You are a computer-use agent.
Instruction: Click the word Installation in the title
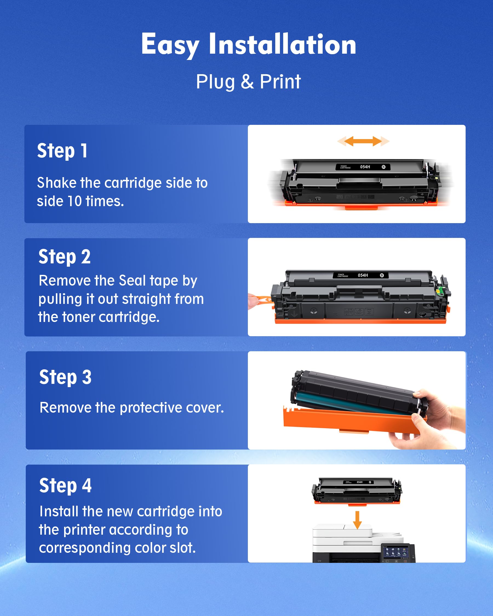click(x=282, y=44)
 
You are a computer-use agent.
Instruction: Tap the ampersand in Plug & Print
click(x=247, y=82)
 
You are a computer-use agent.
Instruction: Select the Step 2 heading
click(x=64, y=256)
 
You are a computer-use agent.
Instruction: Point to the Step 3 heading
click(x=65, y=377)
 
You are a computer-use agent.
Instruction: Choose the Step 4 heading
click(x=65, y=485)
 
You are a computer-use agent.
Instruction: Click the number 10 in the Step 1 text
click(x=74, y=201)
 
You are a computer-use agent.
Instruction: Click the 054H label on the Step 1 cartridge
click(x=365, y=167)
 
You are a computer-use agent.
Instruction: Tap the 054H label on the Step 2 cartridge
click(x=363, y=275)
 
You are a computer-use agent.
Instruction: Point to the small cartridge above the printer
click(x=357, y=491)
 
